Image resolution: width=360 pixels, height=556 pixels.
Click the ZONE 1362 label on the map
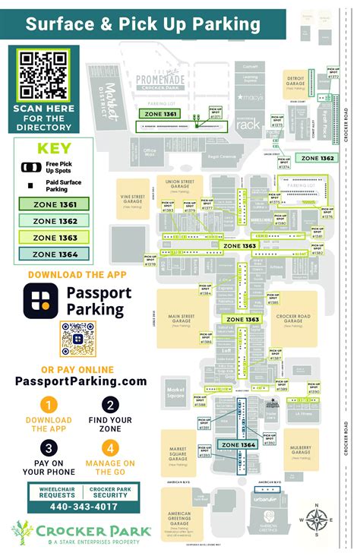pos(317,158)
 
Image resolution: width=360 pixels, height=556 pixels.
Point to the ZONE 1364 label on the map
pos(238,444)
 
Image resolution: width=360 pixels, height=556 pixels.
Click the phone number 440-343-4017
pos(74,507)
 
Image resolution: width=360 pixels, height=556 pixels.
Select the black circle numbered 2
pos(110,405)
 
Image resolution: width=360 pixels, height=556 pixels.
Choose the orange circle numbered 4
pos(110,448)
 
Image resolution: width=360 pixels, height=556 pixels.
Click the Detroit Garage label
pos(296,82)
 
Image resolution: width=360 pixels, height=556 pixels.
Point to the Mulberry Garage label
pos(301,452)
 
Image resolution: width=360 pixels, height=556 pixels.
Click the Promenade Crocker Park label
pos(160,80)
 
